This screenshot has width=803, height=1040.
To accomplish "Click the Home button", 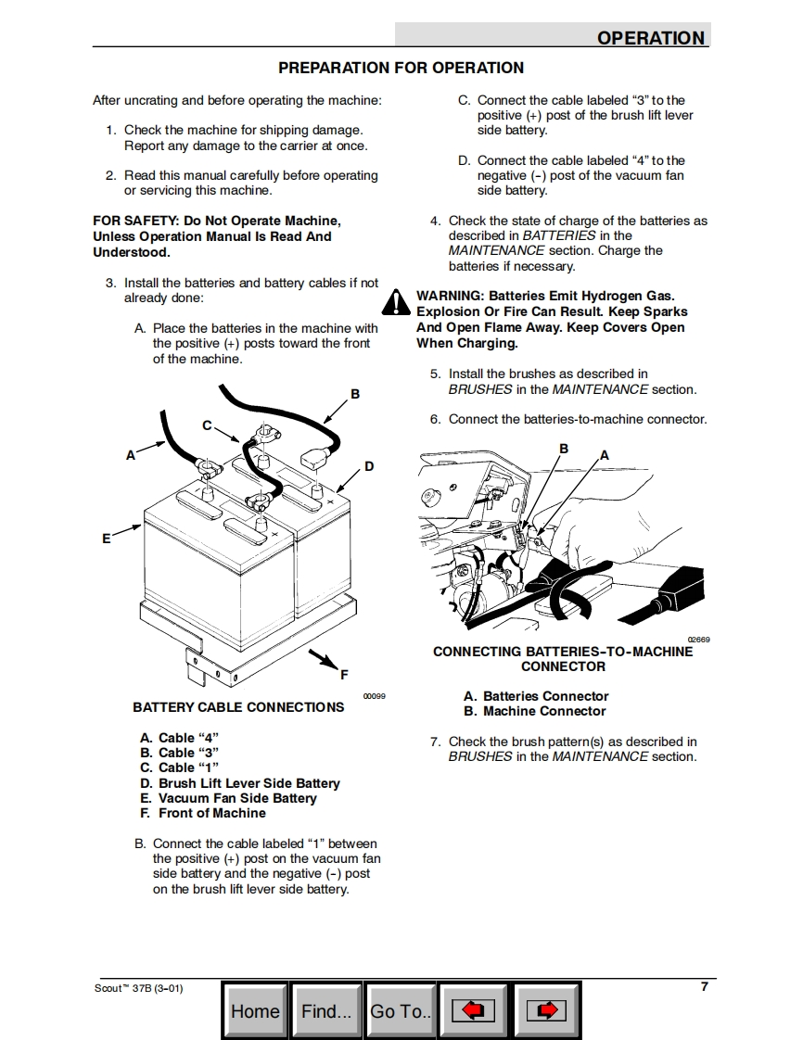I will (x=255, y=1011).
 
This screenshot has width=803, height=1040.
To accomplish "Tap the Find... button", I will (x=326, y=1011).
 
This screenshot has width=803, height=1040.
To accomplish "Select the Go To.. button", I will (x=401, y=1011).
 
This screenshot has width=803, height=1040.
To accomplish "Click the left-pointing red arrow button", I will (x=474, y=1011).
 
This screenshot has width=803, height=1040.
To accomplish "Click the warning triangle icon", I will (x=396, y=302).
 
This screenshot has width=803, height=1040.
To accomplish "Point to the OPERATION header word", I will (x=651, y=38).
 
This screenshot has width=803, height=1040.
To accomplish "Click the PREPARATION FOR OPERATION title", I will (x=401, y=68).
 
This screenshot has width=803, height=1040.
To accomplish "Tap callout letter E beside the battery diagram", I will (x=107, y=538).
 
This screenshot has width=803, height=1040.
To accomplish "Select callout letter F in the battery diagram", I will (x=344, y=674).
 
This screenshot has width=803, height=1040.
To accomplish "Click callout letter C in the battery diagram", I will (x=208, y=425).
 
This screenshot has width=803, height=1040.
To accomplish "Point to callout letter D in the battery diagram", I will (x=369, y=466).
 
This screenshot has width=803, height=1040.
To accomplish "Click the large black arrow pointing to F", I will (x=323, y=659).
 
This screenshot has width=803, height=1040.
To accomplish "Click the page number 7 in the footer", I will (x=705, y=986).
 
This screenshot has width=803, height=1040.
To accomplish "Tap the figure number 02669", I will (x=698, y=640).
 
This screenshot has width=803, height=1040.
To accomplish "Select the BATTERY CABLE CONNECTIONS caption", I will (x=238, y=707).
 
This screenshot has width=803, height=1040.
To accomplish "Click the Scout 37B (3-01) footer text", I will (x=139, y=988).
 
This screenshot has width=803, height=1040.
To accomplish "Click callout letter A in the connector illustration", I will (x=605, y=455).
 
